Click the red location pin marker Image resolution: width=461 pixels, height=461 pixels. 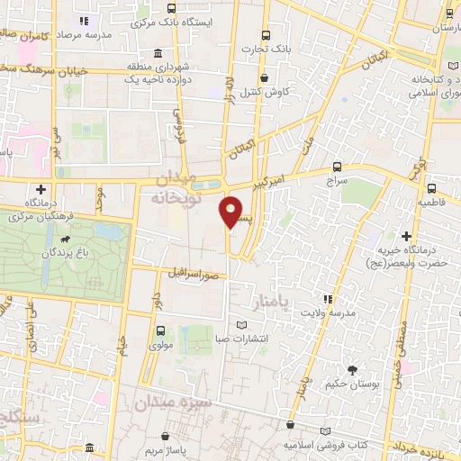coord(231,212)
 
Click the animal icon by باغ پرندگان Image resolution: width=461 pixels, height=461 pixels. coord(66,240)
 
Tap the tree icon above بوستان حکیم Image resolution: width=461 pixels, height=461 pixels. coord(352,369)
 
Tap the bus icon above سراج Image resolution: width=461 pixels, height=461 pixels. coord(338,167)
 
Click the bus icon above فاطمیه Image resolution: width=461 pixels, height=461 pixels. coord(432,188)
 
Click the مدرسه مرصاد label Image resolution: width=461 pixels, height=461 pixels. coord(86,32)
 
